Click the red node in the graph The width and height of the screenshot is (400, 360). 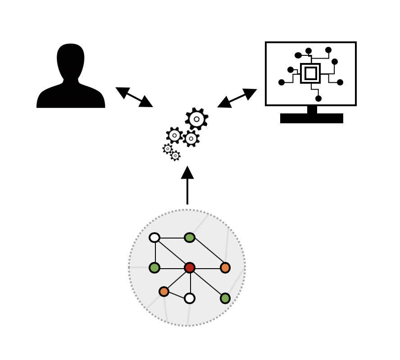coord(190,268)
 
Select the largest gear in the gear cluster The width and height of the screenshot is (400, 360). coord(197,119)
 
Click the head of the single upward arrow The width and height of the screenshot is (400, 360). coord(187,172)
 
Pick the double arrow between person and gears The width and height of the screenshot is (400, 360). coord(134,97)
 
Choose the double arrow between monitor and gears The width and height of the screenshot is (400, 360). coord(237,98)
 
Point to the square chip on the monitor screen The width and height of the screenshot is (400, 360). coord(310,73)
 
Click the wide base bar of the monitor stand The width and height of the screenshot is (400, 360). coord(312,118)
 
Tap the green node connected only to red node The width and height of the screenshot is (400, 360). coord(225,298)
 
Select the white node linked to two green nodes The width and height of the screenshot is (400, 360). coord(155,238)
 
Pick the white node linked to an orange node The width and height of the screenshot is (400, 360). coord(190,298)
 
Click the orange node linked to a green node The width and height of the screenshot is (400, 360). coord(225,268)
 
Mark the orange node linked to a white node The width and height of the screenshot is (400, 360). coord(164,292)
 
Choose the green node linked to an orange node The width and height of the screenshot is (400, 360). coord(190,238)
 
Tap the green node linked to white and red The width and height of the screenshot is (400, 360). coord(155,268)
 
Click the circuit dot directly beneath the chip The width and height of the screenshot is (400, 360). coord(318,99)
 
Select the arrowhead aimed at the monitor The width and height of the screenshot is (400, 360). coord(250,93)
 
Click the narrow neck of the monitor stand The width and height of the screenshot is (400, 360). coord(312,109)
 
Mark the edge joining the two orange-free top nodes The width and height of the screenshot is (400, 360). coord(172,238)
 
